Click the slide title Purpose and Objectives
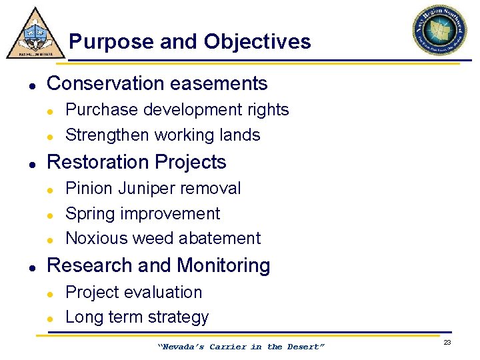[189, 42]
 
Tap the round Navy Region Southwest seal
[439, 30]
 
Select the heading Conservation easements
[157, 83]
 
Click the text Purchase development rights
[177, 109]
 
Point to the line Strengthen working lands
[163, 135]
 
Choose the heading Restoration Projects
[137, 162]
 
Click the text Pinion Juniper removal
[153, 188]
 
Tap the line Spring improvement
[143, 213]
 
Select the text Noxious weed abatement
[163, 238]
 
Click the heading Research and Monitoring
[159, 265]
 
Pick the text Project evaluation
[133, 292]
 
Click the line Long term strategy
[137, 317]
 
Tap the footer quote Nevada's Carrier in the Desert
[241, 347]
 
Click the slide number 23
[447, 342]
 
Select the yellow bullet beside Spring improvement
[50, 215]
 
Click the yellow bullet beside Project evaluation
[50, 293]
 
